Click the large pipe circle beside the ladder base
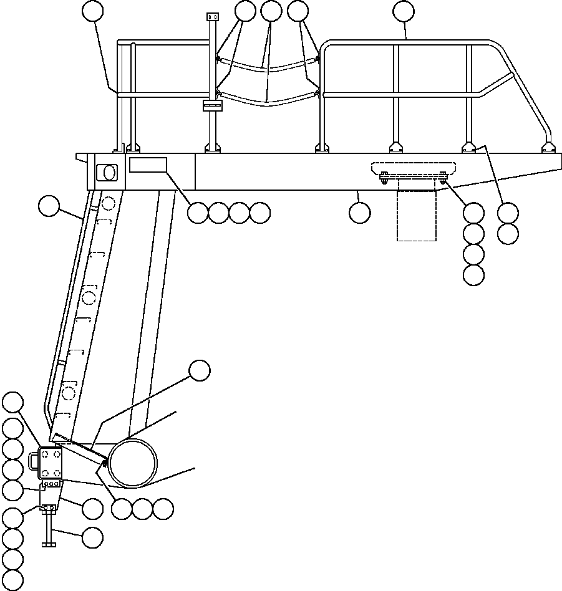[133, 463]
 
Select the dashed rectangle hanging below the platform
[417, 215]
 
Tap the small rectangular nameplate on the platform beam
[148, 165]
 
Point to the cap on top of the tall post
[211, 16]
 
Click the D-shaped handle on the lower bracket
[34, 460]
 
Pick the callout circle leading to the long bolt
[92, 537]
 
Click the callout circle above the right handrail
[404, 11]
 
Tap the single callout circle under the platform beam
[359, 213]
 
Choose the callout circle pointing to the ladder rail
[48, 206]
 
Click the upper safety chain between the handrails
[268, 65]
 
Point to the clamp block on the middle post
[213, 105]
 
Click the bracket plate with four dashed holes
[51, 462]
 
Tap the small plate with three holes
[51, 484]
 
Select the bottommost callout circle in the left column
[12, 580]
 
